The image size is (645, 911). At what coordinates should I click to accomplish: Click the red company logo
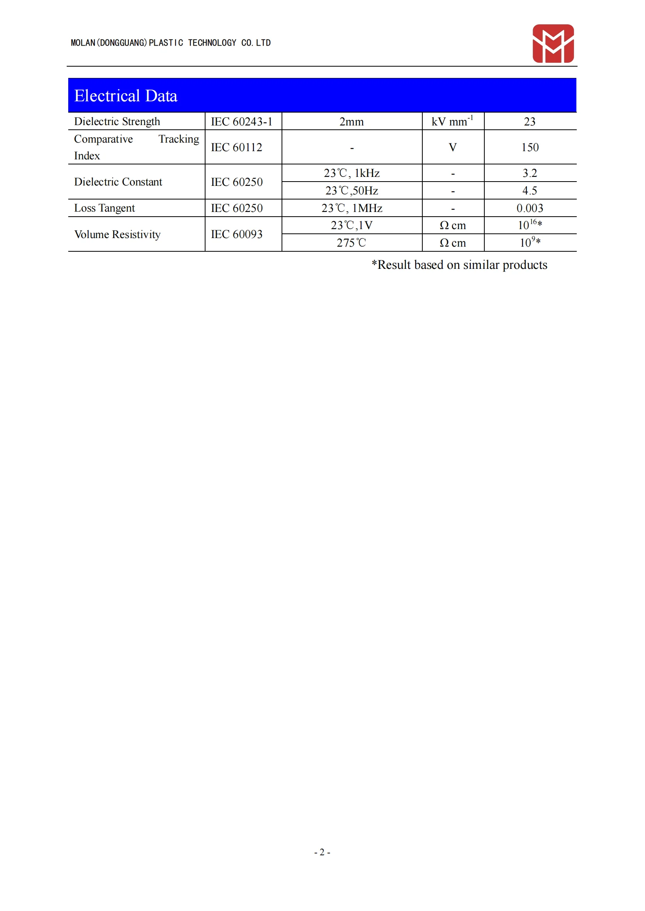[x=553, y=44]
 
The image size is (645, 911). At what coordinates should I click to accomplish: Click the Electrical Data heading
[x=126, y=96]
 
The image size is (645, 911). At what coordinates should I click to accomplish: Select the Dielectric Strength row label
[x=117, y=122]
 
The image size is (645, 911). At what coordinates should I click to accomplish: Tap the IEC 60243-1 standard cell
[x=241, y=122]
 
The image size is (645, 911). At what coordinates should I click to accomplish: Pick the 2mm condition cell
[x=351, y=122]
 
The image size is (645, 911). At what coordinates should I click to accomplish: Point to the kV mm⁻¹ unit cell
[x=452, y=121]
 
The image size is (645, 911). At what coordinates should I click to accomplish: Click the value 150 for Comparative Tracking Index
[x=530, y=147]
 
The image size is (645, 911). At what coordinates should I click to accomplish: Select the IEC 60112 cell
[x=237, y=147]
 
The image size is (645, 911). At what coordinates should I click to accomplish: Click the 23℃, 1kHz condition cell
[x=351, y=173]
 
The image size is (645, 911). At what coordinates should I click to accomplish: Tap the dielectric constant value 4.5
[x=530, y=191]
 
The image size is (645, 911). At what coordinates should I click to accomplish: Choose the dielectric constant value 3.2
[x=530, y=173]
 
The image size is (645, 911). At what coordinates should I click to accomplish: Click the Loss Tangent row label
[x=105, y=208]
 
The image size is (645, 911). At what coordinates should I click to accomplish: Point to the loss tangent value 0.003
[x=530, y=208]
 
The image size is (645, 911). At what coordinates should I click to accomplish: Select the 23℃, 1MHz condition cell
[x=351, y=208]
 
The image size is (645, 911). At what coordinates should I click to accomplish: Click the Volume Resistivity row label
[x=117, y=234]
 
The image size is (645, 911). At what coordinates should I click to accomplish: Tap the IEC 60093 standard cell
[x=237, y=234]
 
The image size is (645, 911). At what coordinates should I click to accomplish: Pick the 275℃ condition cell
[x=351, y=242]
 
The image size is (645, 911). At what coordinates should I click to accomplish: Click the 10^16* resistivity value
[x=530, y=225]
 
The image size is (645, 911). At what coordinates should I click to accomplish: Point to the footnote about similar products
[x=459, y=265]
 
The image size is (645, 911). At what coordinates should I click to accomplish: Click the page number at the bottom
[x=322, y=852]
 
